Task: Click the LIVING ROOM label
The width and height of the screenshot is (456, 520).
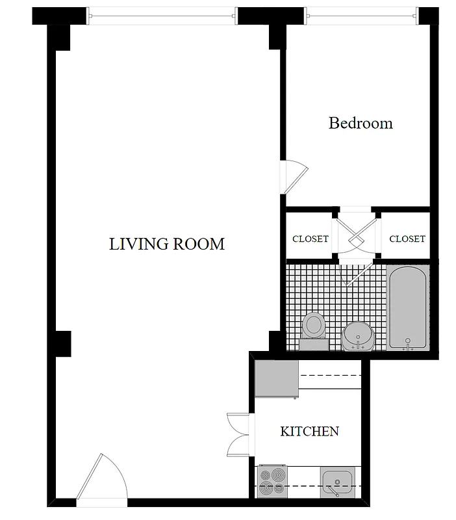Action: tap(167, 244)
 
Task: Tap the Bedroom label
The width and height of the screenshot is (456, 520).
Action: tap(361, 123)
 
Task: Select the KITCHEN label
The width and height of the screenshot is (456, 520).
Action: tap(309, 431)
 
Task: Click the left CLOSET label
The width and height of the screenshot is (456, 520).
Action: tap(310, 239)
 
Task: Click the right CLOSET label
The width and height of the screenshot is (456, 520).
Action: tap(407, 239)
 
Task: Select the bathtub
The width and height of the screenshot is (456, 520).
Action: tap(407, 307)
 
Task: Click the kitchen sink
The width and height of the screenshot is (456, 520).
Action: tap(338, 482)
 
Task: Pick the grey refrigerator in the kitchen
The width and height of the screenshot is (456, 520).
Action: tap(276, 378)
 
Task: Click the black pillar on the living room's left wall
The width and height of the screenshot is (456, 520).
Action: tap(62, 343)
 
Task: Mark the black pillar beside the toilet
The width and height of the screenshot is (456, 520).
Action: tap(277, 342)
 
